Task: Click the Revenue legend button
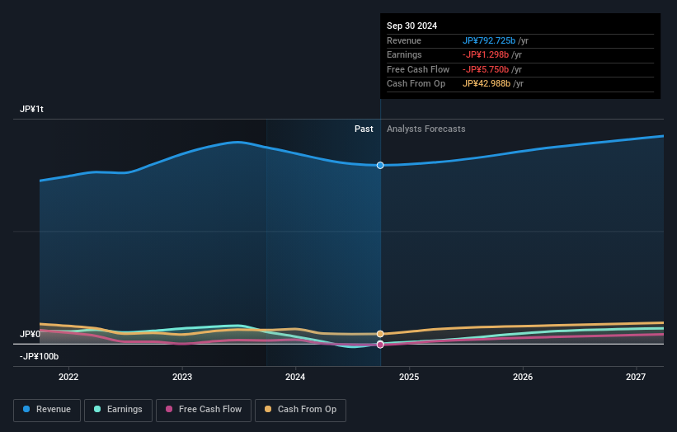(48, 410)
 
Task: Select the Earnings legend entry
(118, 410)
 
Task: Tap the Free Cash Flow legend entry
(204, 410)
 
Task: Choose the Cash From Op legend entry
(300, 410)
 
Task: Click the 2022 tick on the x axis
(68, 378)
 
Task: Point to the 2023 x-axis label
(182, 378)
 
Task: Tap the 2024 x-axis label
(295, 378)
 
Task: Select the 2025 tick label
(409, 378)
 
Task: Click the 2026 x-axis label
(522, 378)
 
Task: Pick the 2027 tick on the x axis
(636, 378)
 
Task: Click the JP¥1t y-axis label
(32, 110)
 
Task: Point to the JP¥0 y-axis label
(30, 334)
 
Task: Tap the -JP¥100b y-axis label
(40, 356)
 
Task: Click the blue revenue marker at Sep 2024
(380, 166)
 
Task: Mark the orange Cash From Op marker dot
(380, 334)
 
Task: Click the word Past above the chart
(364, 129)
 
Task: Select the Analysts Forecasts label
(425, 129)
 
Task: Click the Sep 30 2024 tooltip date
(411, 26)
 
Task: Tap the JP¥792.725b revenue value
(489, 40)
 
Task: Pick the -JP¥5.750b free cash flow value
(487, 69)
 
